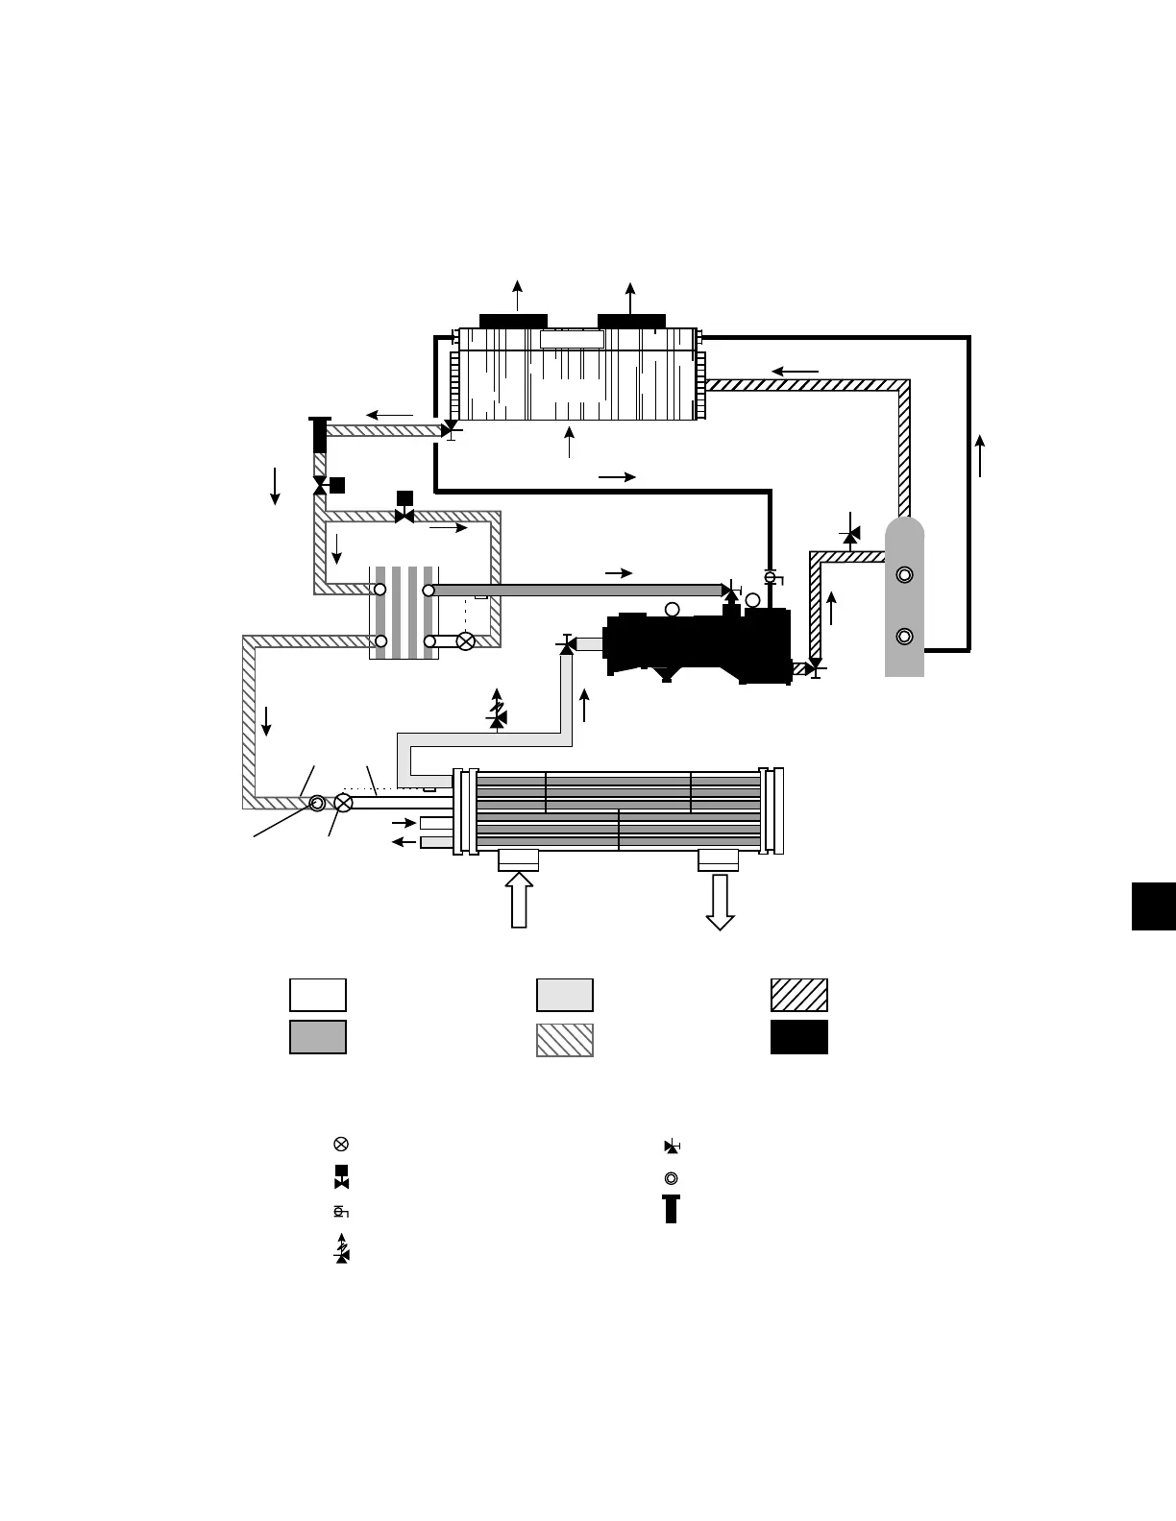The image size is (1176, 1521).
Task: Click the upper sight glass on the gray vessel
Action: [x=904, y=575]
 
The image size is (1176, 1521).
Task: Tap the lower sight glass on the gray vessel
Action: [x=904, y=637]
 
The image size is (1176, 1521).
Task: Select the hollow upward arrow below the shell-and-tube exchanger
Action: [x=519, y=900]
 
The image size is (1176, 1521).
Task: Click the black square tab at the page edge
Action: [x=1153, y=906]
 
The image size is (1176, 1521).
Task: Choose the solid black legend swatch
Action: [x=798, y=1037]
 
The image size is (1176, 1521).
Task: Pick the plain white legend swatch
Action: [x=318, y=995]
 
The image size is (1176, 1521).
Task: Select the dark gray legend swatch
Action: [x=318, y=1037]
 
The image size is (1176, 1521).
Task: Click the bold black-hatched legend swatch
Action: [x=798, y=995]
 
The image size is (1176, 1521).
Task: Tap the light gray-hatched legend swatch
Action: [x=564, y=1040]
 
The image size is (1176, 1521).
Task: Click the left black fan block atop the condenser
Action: [x=513, y=321]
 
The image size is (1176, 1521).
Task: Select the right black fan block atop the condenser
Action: [x=631, y=321]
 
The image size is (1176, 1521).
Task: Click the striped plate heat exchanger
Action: [x=404, y=613]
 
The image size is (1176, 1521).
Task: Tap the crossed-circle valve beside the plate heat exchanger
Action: [x=465, y=641]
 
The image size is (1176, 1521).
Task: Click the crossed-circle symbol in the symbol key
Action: [x=341, y=1145]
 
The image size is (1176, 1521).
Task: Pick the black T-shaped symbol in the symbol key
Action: [x=671, y=1209]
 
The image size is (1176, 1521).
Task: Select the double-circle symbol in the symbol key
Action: [x=671, y=1178]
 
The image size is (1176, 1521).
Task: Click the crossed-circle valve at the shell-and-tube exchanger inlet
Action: [x=343, y=803]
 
